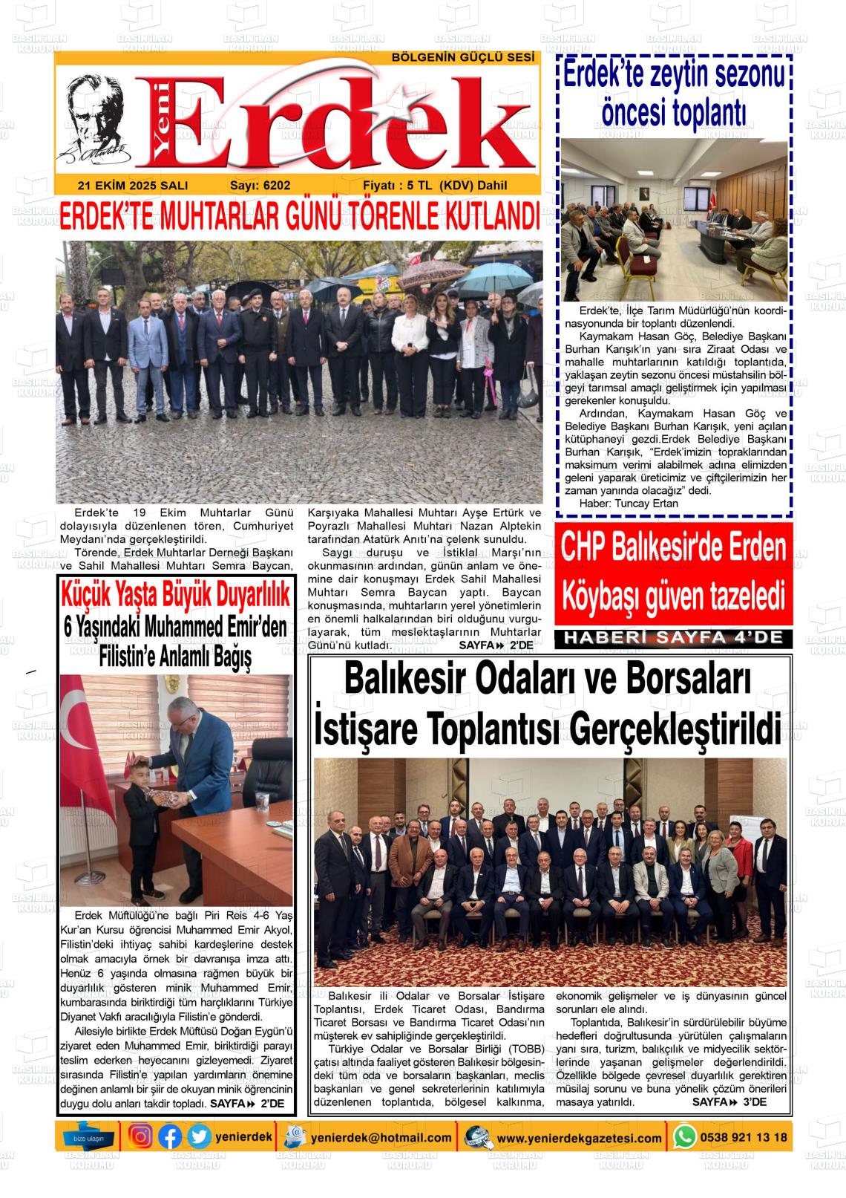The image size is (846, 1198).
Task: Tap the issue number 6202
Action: tap(260, 186)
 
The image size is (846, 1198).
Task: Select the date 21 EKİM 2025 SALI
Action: tap(132, 186)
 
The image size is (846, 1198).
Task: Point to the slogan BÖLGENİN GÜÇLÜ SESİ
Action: tap(463, 58)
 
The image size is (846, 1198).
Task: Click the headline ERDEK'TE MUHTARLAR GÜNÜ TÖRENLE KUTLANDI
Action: tap(298, 217)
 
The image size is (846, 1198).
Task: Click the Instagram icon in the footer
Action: tap(141, 1137)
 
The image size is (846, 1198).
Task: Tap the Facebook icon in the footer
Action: tap(170, 1137)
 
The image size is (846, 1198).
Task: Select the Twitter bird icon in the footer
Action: tap(198, 1137)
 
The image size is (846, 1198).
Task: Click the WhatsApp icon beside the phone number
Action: tap(684, 1137)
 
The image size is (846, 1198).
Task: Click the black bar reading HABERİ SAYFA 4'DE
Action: tap(673, 637)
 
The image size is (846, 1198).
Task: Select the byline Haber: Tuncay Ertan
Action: tap(628, 503)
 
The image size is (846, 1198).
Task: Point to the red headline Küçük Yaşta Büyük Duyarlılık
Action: tap(175, 594)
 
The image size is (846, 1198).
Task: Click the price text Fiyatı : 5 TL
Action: tap(398, 186)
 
